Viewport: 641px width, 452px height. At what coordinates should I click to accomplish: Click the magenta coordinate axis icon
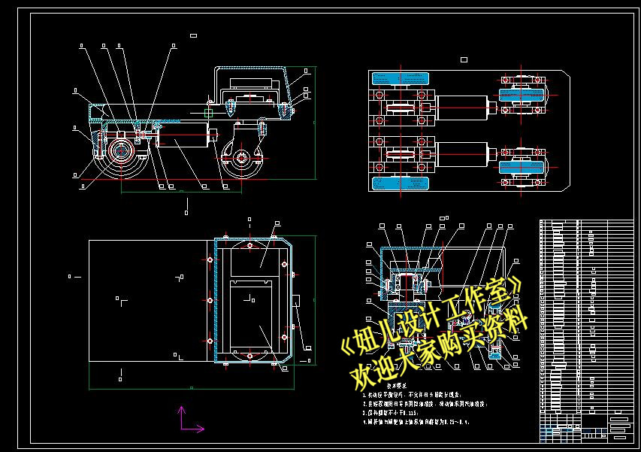[188, 420]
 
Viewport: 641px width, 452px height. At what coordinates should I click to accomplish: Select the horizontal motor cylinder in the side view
[184, 139]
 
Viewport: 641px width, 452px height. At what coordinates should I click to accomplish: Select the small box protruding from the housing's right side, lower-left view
[297, 301]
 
